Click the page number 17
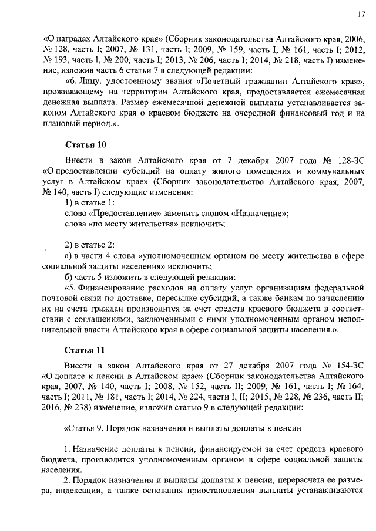[358, 15]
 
